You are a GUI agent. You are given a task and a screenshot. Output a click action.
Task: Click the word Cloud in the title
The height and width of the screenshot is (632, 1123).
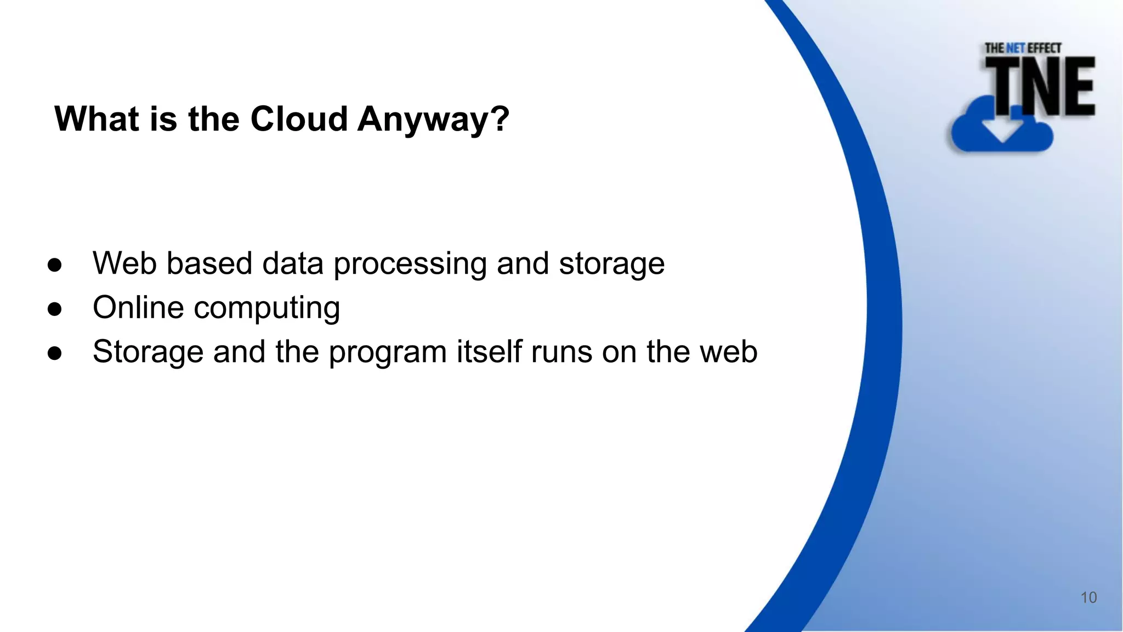[x=299, y=119]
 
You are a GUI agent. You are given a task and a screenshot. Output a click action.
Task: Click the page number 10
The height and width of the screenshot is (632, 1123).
[x=1088, y=597]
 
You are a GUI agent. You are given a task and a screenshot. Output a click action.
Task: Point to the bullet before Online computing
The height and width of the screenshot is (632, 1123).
[x=55, y=309]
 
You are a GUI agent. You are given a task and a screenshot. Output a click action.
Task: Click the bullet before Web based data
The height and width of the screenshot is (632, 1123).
[x=55, y=265]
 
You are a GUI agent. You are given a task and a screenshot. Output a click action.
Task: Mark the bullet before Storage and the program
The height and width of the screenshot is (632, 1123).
[x=55, y=353]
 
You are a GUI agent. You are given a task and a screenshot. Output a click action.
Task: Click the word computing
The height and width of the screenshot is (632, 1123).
[x=267, y=309]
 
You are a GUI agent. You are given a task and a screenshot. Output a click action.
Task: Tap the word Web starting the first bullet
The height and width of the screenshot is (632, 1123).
[x=124, y=263]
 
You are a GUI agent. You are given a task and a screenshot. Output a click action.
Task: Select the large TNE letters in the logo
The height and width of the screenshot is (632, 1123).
[x=1040, y=87]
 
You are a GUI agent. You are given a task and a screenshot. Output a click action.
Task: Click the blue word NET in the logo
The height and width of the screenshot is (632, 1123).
[x=1015, y=48]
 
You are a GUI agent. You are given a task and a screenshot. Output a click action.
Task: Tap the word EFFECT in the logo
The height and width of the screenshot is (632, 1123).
[x=1044, y=48]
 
